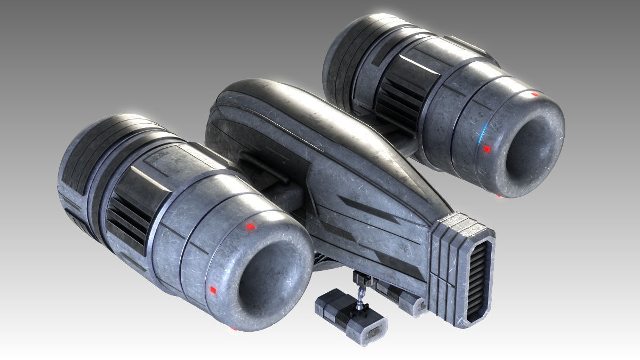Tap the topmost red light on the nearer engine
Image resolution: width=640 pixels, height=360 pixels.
[x=249, y=227]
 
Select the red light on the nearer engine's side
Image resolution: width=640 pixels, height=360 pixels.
[x=213, y=290]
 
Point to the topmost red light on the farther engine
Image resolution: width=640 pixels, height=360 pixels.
[x=535, y=94]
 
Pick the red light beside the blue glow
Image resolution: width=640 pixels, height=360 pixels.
[x=486, y=150]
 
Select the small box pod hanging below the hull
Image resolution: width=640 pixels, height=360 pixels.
[x=350, y=316]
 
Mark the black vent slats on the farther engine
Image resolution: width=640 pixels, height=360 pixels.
[x=398, y=99]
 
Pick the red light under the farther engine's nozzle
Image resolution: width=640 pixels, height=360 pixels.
[x=499, y=196]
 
